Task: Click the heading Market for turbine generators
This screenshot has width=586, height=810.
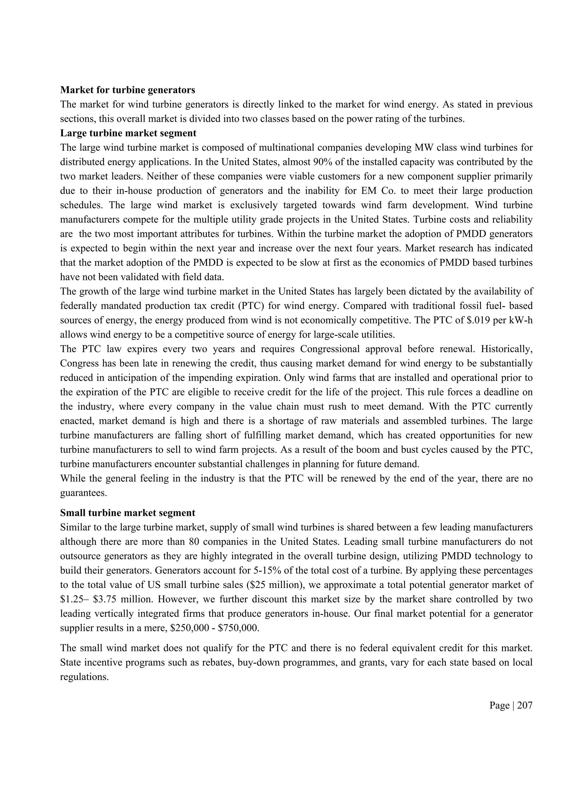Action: (x=128, y=90)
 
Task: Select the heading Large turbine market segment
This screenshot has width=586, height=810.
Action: (x=128, y=133)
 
